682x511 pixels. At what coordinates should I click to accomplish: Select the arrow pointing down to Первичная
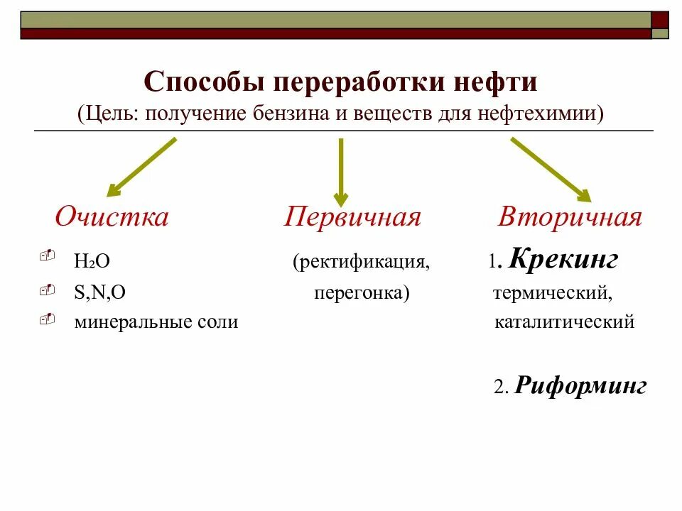click(341, 170)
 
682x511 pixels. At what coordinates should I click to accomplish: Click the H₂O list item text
click(92, 261)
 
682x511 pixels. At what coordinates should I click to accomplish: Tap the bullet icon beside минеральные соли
click(48, 320)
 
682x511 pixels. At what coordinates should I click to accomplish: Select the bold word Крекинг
click(563, 260)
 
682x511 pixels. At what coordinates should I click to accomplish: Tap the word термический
click(551, 292)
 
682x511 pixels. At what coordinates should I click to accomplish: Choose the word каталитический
click(563, 322)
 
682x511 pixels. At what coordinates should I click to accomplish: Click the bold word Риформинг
click(580, 387)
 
